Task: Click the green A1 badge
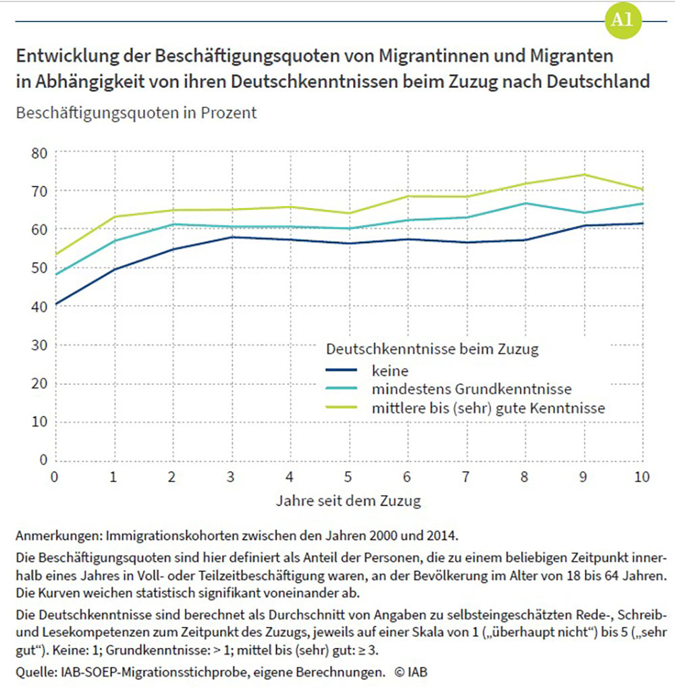(620, 20)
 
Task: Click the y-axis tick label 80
(40, 153)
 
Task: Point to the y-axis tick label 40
(40, 307)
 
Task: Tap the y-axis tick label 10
(40, 422)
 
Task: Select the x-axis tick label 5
(349, 477)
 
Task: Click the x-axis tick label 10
(642, 477)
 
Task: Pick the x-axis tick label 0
(55, 477)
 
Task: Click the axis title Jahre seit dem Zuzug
(348, 502)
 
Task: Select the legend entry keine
(389, 370)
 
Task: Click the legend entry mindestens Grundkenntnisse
(471, 390)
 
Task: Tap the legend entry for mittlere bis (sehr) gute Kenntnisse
(487, 408)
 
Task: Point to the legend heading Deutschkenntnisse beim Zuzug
(431, 350)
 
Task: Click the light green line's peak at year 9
(584, 175)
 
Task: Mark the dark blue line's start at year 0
(56, 304)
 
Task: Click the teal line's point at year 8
(525, 203)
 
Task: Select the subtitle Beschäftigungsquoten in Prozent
(136, 113)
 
